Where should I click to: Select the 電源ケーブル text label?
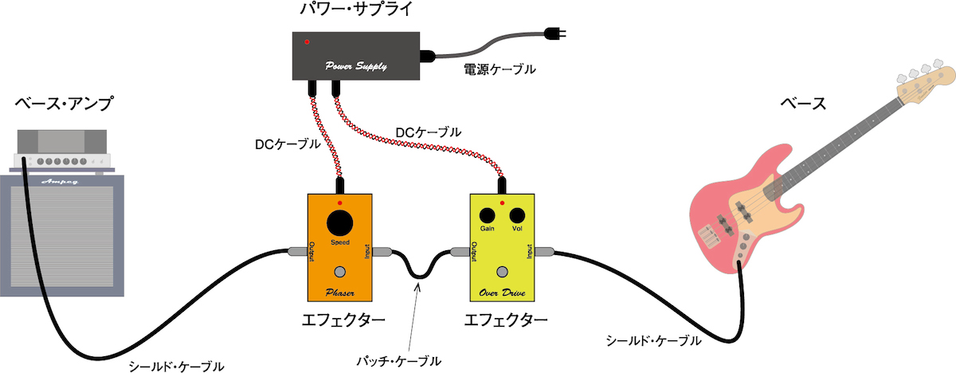(x=500, y=69)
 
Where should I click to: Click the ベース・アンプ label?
(x=64, y=104)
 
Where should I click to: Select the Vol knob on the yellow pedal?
(x=517, y=216)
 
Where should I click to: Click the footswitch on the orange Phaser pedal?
(x=340, y=270)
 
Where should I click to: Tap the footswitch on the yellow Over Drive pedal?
(x=501, y=270)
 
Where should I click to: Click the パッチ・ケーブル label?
(x=398, y=361)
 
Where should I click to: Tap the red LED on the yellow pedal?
(x=502, y=203)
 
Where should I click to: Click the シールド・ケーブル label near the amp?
(x=177, y=367)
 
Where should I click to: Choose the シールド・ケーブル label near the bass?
(x=653, y=341)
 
